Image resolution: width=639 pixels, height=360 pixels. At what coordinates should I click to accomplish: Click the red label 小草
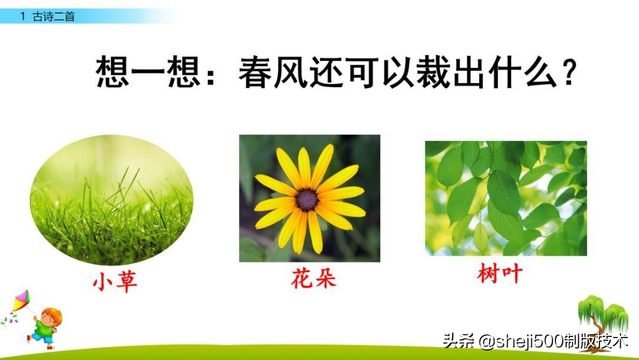tap(115, 282)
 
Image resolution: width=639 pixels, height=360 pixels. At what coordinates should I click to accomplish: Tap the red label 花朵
tap(313, 278)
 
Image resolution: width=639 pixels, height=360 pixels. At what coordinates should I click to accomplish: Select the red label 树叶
tap(500, 275)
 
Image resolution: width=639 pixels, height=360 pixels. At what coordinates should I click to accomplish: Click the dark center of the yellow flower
tap(307, 200)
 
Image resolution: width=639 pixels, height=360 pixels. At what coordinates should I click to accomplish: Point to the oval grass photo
tap(111, 200)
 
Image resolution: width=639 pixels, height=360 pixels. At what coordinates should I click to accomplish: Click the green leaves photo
tap(506, 198)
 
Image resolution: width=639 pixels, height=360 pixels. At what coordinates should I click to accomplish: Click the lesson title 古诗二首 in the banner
tap(54, 17)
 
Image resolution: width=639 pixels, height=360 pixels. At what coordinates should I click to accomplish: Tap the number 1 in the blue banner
tap(23, 17)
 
